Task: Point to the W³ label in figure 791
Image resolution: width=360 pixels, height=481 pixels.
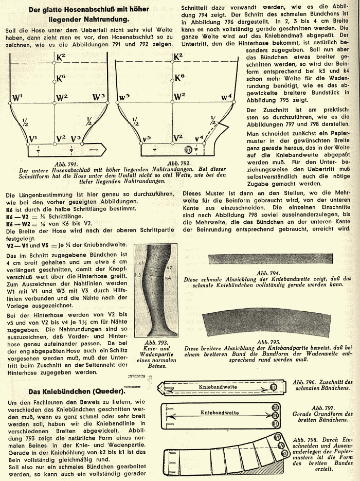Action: (99, 97)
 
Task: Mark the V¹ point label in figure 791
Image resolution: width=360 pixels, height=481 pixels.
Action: (33, 138)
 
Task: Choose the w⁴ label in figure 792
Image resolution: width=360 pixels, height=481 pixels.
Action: (226, 96)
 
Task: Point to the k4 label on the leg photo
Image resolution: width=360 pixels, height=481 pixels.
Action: (168, 278)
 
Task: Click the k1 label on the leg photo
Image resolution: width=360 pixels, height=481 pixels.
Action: (141, 262)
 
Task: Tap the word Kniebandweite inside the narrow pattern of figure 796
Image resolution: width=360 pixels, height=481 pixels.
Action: (218, 386)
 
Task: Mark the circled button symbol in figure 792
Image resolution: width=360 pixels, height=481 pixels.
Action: (188, 150)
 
